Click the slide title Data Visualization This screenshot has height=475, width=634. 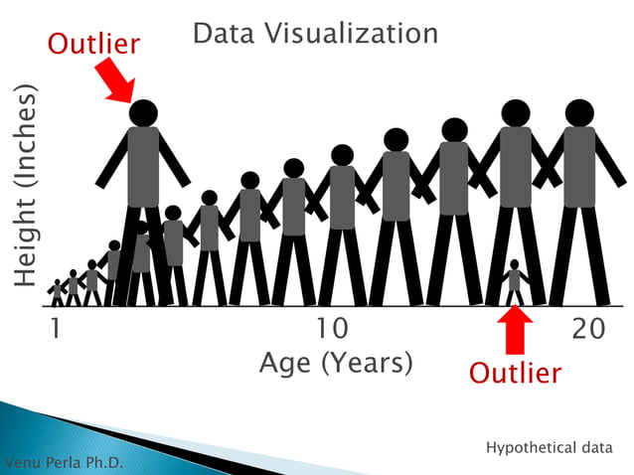coord(314,34)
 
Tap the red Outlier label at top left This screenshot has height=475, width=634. coord(94,44)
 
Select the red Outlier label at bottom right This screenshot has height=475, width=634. coord(515,374)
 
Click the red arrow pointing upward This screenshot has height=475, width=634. coord(514,332)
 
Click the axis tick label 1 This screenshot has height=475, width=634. coord(56,329)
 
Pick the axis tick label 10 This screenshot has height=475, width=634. coord(332,329)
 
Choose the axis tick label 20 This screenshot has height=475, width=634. coord(589,329)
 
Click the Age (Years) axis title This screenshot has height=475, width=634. coord(336,363)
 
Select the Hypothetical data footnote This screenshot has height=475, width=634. coord(550,448)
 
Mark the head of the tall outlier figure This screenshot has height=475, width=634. coord(143,112)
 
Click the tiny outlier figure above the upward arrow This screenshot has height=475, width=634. coord(514,281)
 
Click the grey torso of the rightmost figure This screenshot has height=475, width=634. coord(579,167)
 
